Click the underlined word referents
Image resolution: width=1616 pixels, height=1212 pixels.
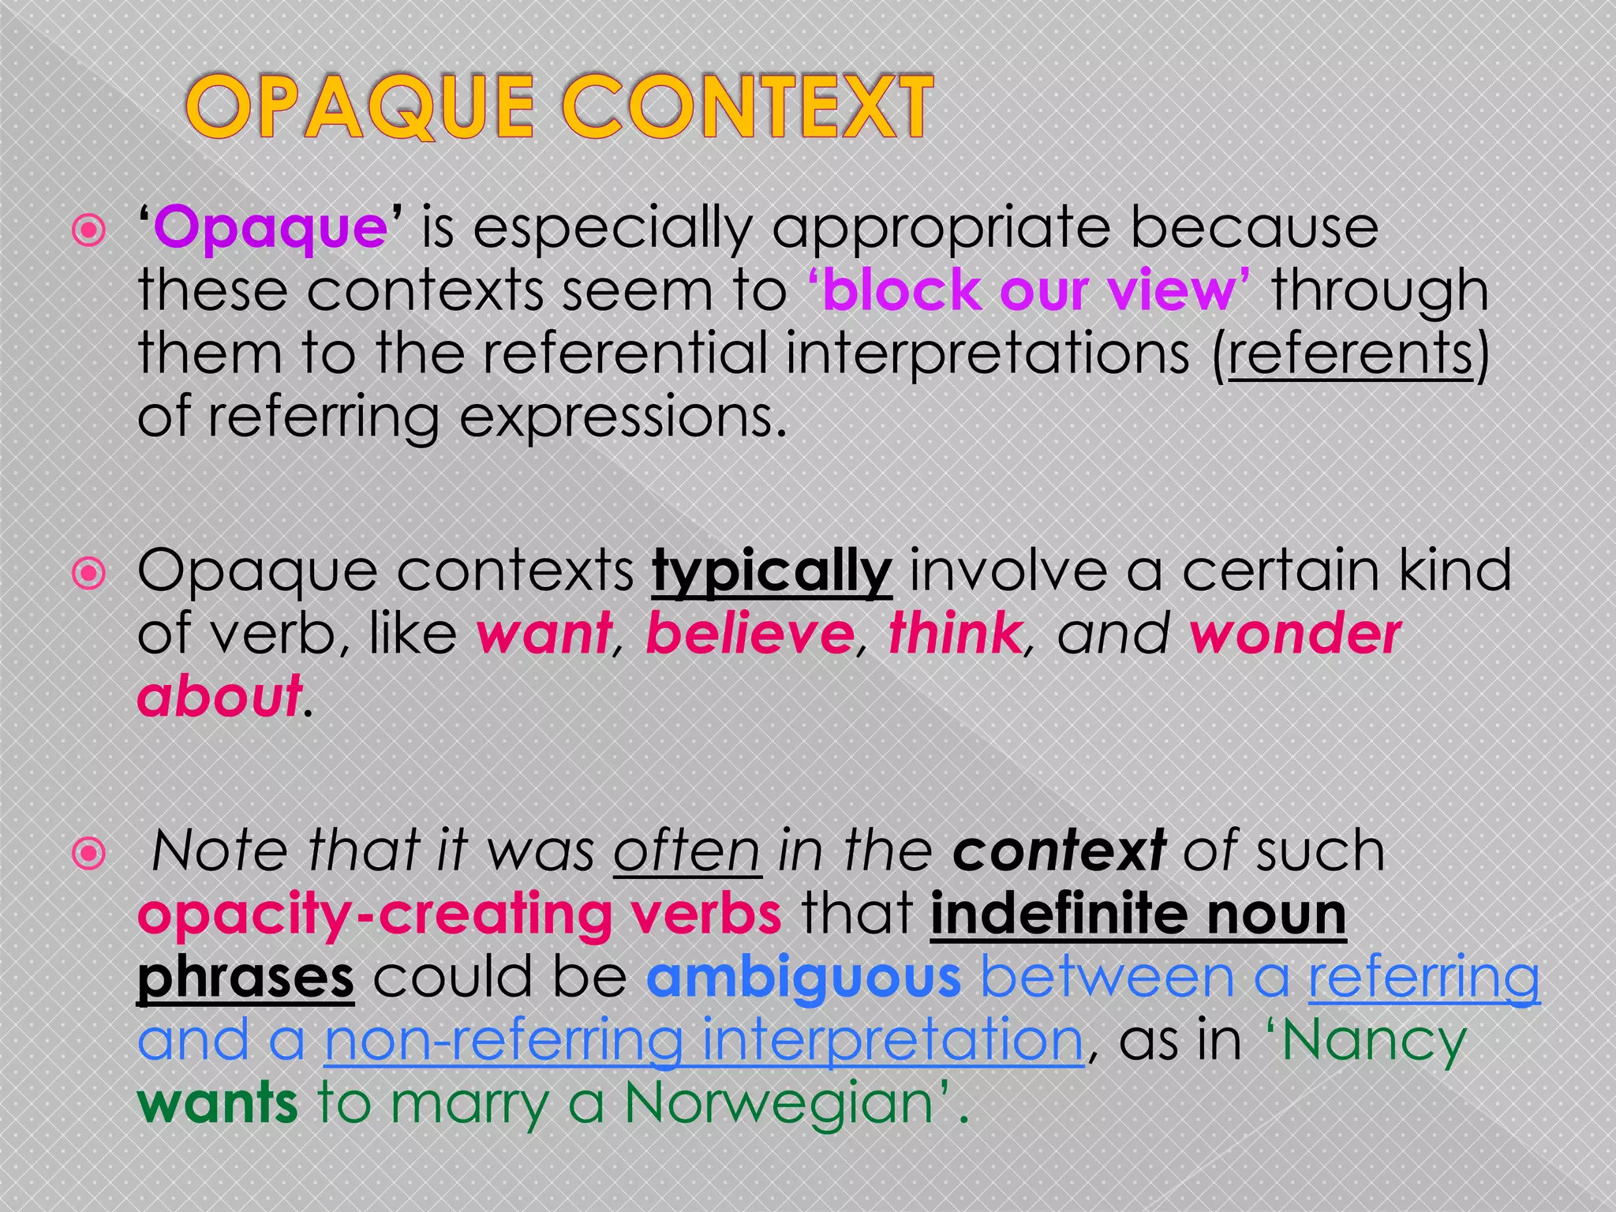[1350, 353]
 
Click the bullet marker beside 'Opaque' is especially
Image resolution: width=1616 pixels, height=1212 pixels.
[88, 231]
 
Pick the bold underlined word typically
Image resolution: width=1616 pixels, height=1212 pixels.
[772, 572]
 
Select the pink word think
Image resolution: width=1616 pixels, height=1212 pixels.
[956, 634]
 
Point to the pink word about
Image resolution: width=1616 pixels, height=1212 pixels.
[219, 697]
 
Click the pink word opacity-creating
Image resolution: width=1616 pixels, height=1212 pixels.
[375, 915]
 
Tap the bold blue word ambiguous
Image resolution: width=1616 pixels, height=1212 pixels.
[803, 978]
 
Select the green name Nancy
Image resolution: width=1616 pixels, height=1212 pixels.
[1374, 1041]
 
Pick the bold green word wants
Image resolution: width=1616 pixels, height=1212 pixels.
[218, 1103]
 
